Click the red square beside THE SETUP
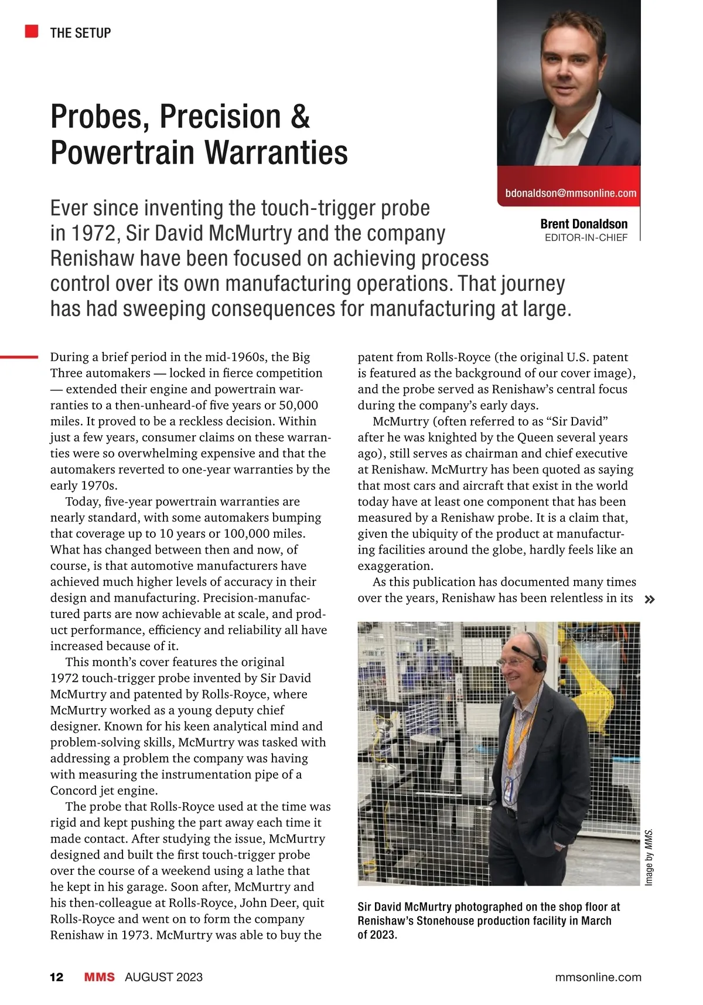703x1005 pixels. (x=32, y=32)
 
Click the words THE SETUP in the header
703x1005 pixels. (x=80, y=33)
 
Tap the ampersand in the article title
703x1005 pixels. (x=299, y=117)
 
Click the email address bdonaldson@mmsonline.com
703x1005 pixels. (x=570, y=193)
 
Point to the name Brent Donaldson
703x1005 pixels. (x=583, y=224)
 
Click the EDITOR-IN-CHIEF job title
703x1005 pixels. (x=586, y=237)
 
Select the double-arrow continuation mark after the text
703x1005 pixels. (x=649, y=599)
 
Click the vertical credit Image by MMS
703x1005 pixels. (x=649, y=857)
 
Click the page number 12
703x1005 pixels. (x=57, y=977)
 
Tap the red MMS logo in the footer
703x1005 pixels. (x=99, y=977)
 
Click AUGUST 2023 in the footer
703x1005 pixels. (x=163, y=977)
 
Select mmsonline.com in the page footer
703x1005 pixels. (x=598, y=977)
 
